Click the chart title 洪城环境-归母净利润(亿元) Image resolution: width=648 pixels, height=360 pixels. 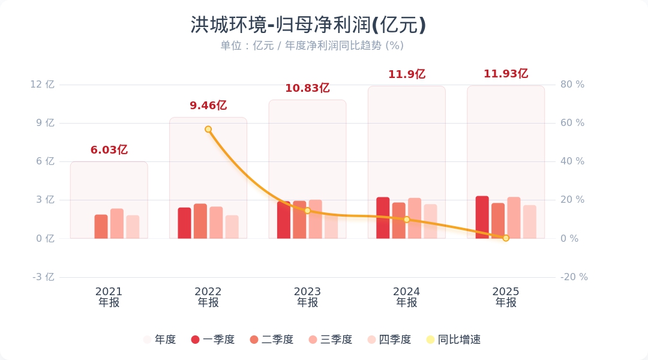(x=308, y=25)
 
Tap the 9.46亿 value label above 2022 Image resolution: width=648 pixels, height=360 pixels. (x=208, y=106)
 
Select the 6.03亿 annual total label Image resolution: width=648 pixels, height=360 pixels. (x=109, y=150)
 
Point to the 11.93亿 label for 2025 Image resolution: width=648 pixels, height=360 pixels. (x=506, y=74)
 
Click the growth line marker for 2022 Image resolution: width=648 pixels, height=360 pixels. (x=208, y=129)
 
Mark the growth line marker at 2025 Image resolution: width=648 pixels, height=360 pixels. (x=506, y=238)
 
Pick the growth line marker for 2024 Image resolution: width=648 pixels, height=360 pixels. (x=406, y=220)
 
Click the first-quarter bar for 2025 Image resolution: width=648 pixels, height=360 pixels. (x=482, y=217)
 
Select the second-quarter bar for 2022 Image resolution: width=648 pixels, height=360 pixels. (x=200, y=221)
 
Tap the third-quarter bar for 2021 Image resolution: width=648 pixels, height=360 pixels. (x=117, y=224)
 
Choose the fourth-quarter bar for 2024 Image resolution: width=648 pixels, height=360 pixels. (x=430, y=221)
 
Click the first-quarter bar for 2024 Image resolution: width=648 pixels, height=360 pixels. (x=383, y=218)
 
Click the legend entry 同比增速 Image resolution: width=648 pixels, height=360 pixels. (x=454, y=340)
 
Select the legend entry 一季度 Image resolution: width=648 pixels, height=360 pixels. (x=213, y=340)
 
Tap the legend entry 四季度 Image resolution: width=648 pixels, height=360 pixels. (x=389, y=340)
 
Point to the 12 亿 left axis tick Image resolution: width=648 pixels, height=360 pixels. (x=43, y=85)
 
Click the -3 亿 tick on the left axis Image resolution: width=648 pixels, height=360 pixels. (x=43, y=277)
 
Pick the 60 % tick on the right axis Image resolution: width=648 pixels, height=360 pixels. (x=572, y=123)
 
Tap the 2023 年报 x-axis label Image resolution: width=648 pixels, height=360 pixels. (x=307, y=297)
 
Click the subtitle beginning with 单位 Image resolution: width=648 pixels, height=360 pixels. (x=312, y=46)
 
